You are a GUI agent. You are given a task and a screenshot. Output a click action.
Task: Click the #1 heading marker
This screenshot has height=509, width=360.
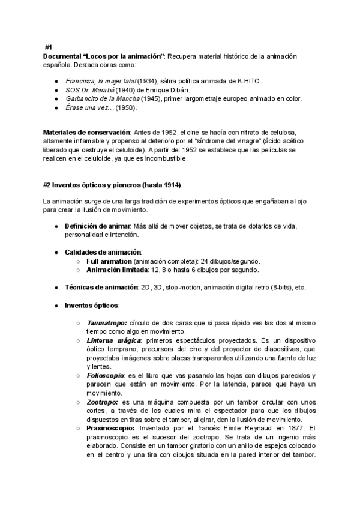49,47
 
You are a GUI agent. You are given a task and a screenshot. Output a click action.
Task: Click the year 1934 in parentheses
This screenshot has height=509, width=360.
147,80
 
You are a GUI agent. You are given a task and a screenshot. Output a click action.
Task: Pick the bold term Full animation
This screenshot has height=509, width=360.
109,262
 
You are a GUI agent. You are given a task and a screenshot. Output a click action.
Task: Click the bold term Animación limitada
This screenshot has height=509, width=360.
118,270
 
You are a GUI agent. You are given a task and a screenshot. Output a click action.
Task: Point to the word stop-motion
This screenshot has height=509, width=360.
182,288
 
